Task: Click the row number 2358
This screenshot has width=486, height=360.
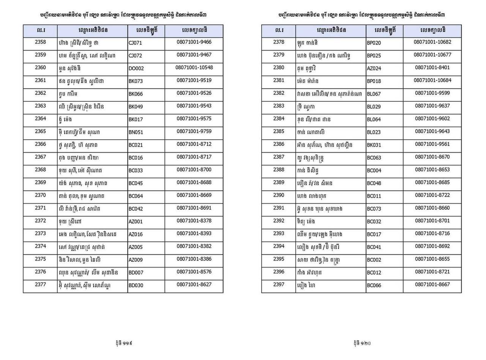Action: pos(40,42)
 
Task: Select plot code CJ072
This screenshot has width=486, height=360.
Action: pos(135,56)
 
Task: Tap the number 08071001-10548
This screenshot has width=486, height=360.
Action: pos(194,68)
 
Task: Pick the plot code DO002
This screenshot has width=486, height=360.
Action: pos(136,69)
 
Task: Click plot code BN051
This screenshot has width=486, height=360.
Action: pos(136,132)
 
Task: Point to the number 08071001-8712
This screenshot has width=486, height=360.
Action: pos(194,144)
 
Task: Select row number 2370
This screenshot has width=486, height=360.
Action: pos(40,195)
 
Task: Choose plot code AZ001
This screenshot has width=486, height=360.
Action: pos(135,222)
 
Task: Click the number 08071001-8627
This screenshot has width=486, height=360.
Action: pos(194,285)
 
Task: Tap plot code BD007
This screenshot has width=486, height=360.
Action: pos(136,273)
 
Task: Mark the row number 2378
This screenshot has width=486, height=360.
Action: pos(278,42)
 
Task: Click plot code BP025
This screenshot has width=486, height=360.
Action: pos(374,56)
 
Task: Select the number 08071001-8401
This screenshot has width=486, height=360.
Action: pos(432,68)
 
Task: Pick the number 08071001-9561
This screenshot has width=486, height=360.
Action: pos(432,144)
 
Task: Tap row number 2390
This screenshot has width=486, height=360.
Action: pos(278,195)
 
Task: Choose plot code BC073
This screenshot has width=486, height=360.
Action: pos(374,209)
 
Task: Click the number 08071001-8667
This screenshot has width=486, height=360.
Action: pos(432,285)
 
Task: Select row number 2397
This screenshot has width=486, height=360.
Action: pos(278,285)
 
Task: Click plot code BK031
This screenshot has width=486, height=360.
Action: pos(374,145)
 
